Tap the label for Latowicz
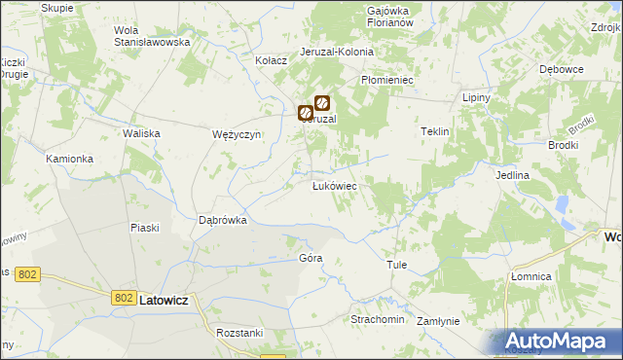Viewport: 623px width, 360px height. pyautogui.click(x=169, y=302)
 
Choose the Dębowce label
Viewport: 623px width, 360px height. pyautogui.click(x=561, y=70)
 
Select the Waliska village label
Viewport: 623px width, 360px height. pyautogui.click(x=140, y=133)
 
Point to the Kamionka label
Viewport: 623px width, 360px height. pyautogui.click(x=69, y=158)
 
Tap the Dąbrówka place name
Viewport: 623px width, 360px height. pyautogui.click(x=223, y=221)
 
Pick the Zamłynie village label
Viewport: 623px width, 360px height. pyautogui.click(x=438, y=320)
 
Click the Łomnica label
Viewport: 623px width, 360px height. pyautogui.click(x=531, y=277)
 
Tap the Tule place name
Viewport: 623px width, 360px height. pyautogui.click(x=396, y=265)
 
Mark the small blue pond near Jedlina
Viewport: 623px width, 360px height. pyautogui.click(x=562, y=206)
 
